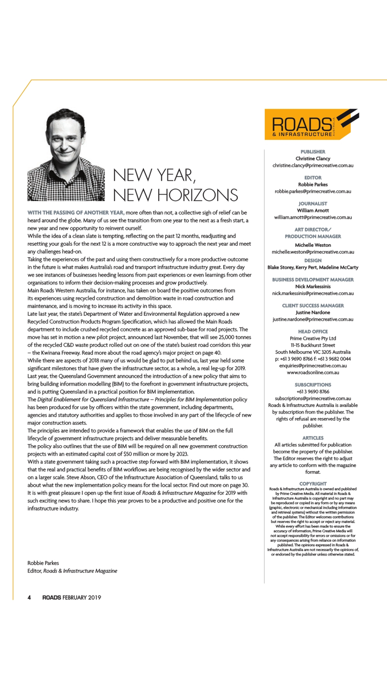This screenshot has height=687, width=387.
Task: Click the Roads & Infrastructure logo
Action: (312, 124)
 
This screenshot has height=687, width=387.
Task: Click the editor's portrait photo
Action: (66, 154)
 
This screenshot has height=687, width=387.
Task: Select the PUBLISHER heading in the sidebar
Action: (313, 151)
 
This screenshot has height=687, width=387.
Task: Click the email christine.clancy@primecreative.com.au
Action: (313, 165)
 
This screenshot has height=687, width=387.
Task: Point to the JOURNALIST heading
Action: (313, 203)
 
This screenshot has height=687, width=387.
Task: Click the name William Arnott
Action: (313, 210)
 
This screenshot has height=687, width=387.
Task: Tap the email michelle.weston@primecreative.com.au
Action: (313, 251)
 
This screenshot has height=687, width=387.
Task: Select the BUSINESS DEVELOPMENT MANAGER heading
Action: (313, 279)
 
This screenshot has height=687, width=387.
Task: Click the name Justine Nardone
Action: (313, 312)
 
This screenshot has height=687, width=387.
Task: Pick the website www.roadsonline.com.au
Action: (313, 372)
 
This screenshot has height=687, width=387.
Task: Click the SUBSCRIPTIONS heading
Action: (313, 384)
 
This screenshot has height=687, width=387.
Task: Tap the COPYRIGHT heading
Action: (313, 484)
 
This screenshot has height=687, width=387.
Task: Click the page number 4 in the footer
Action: (30, 597)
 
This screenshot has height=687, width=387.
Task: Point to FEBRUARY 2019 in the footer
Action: (82, 597)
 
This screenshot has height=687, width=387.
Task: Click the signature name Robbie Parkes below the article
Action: (43, 563)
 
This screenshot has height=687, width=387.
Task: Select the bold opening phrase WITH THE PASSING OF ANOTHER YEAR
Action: (75, 212)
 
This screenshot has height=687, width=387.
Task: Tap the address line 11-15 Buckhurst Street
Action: (313, 345)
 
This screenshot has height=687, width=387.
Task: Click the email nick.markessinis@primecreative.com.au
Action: (313, 293)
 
